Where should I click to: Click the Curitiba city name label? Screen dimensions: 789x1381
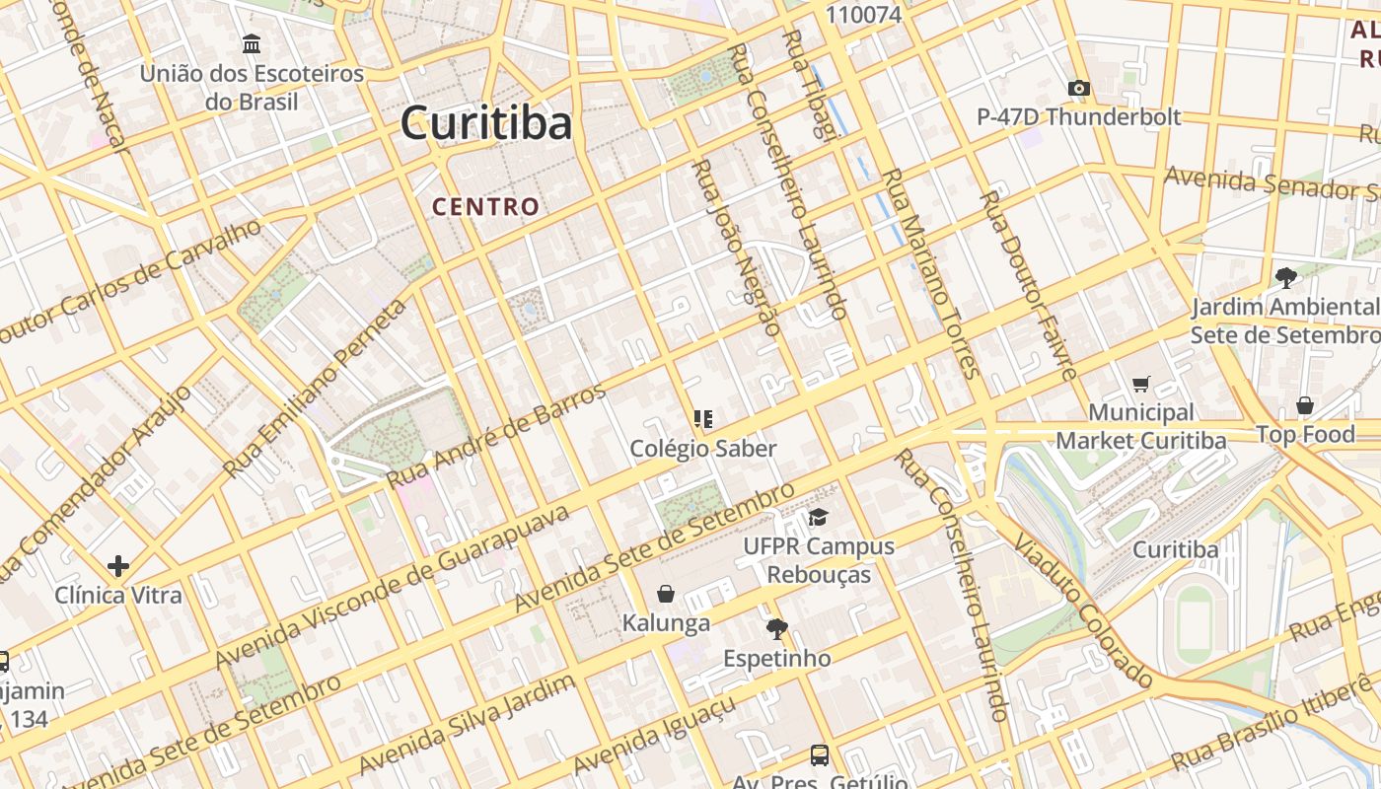click(485, 124)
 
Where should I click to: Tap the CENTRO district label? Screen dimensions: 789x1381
click(485, 206)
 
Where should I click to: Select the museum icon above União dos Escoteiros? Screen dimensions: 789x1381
click(252, 44)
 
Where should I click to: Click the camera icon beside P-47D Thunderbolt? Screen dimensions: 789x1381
click(1078, 88)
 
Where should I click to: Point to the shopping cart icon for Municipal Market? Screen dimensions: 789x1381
click(1141, 384)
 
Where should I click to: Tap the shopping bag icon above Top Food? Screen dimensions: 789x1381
click(1304, 405)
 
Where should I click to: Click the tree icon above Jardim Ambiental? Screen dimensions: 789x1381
click(1284, 277)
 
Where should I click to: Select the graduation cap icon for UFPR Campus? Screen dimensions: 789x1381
click(818, 517)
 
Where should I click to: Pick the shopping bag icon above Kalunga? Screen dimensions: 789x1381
click(666, 594)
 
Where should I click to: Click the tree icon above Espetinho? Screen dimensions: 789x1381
click(776, 628)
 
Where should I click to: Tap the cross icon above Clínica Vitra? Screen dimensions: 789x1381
click(118, 565)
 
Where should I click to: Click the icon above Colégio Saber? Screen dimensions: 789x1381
click(702, 419)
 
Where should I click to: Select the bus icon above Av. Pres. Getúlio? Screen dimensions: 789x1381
click(819, 754)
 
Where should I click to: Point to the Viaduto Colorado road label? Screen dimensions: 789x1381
click(1081, 611)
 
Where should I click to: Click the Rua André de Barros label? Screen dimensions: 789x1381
click(496, 436)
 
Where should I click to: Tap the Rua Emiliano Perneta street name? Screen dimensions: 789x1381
click(315, 389)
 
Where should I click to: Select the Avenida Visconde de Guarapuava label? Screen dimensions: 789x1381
click(393, 587)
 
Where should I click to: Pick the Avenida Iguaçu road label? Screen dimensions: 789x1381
click(653, 737)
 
